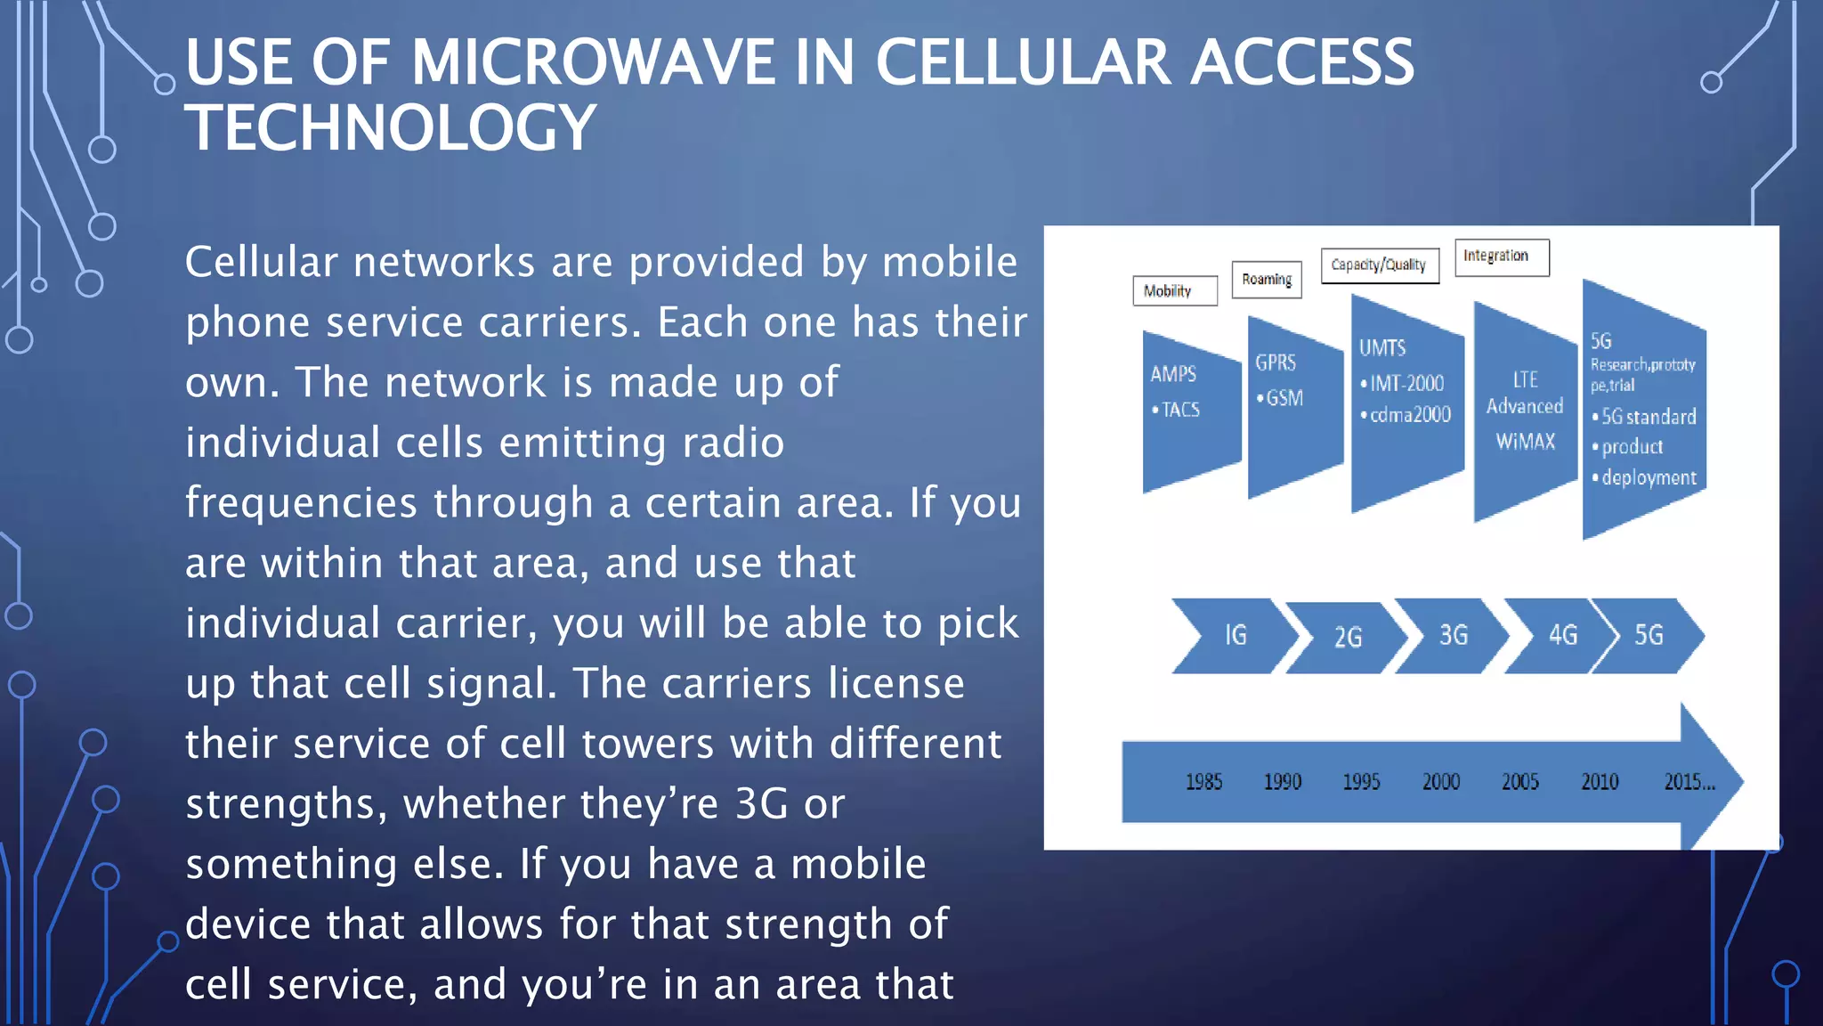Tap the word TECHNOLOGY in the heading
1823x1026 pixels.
click(390, 127)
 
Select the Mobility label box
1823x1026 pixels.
click(1174, 291)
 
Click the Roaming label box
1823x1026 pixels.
click(1266, 280)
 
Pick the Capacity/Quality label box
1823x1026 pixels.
click(1379, 265)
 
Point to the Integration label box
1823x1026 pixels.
click(1501, 256)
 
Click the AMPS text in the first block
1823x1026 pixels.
click(1173, 374)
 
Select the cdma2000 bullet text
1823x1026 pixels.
click(1409, 414)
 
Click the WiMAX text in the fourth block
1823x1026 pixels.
click(1525, 442)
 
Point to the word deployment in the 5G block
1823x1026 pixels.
click(1649, 478)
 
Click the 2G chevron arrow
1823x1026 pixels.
click(1347, 637)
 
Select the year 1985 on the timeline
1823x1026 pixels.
click(1203, 782)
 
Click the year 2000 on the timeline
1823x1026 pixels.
click(1440, 782)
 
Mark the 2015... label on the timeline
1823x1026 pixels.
click(1689, 782)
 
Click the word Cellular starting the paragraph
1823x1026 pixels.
click(262, 263)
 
